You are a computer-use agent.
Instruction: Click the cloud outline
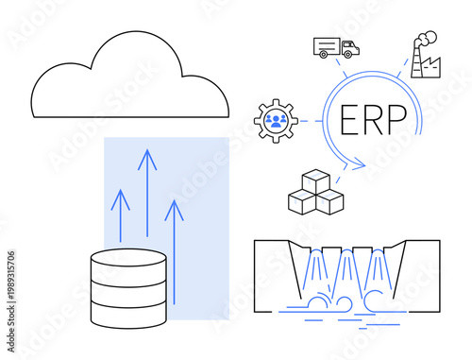point(129,79)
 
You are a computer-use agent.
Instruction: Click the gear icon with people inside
point(277,120)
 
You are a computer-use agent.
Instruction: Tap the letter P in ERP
point(398,120)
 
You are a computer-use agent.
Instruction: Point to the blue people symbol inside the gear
point(277,120)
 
